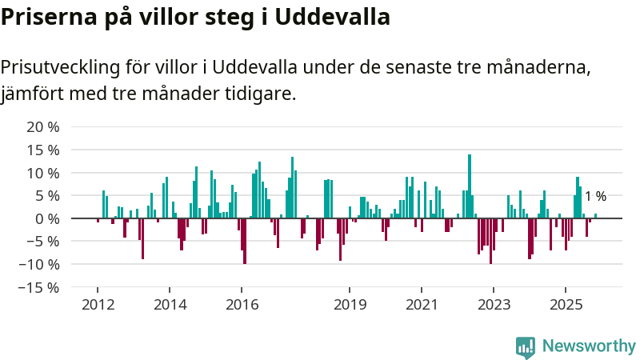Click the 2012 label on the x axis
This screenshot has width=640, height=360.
click(97, 304)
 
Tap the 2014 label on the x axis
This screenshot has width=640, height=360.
click(170, 304)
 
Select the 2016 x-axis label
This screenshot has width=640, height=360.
click(242, 304)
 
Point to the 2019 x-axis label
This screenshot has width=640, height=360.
click(350, 304)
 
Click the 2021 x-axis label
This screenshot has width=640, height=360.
click(422, 304)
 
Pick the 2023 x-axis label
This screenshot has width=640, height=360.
click(494, 304)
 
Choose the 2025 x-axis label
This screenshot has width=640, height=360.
click(566, 304)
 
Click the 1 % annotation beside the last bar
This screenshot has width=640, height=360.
click(595, 197)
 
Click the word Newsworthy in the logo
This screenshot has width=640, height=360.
click(589, 346)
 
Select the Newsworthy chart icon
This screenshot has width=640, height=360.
click(526, 346)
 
